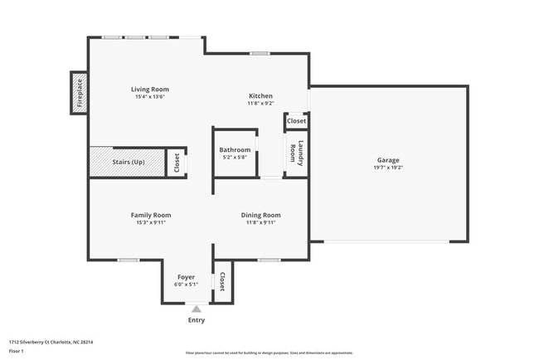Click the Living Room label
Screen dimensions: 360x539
(x=150, y=90)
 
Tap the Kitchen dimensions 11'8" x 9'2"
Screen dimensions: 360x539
(x=261, y=105)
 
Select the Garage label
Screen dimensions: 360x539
(x=388, y=160)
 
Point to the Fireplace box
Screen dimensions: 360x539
(x=80, y=92)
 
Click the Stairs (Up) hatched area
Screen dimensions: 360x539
(x=127, y=162)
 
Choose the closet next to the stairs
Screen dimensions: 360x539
(x=176, y=163)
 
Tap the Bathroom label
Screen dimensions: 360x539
(x=235, y=150)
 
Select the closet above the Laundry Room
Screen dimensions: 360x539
(x=296, y=121)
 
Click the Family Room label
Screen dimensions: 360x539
(x=151, y=215)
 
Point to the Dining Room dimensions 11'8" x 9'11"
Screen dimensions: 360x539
(x=260, y=222)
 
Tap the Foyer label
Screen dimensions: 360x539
(x=187, y=276)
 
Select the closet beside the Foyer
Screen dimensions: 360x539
(x=222, y=282)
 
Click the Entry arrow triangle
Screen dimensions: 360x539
(x=197, y=309)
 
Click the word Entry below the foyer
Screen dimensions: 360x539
(x=197, y=320)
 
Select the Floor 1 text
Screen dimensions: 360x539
(x=17, y=351)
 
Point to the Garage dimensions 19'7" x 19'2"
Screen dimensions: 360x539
(x=388, y=168)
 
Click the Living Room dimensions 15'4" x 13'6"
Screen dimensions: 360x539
(x=150, y=97)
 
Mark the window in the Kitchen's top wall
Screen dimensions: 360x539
(x=260, y=54)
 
